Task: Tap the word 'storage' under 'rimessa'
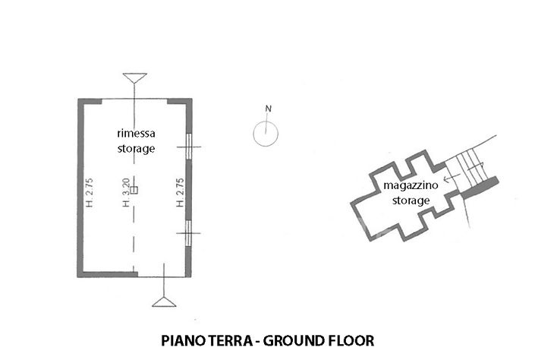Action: tap(136, 149)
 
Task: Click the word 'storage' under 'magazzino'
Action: tap(411, 201)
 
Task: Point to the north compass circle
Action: tap(266, 134)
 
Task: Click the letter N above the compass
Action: tap(267, 108)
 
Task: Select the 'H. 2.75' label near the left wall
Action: tap(89, 193)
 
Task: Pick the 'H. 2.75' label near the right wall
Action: tap(179, 193)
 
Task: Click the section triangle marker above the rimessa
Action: tap(134, 77)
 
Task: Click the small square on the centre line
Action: tap(134, 189)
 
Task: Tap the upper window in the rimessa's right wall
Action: tap(188, 146)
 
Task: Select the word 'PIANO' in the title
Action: tap(182, 340)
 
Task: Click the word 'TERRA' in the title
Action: tap(229, 340)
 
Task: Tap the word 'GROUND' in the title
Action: tap(296, 340)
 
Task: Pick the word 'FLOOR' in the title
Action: tap(352, 340)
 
